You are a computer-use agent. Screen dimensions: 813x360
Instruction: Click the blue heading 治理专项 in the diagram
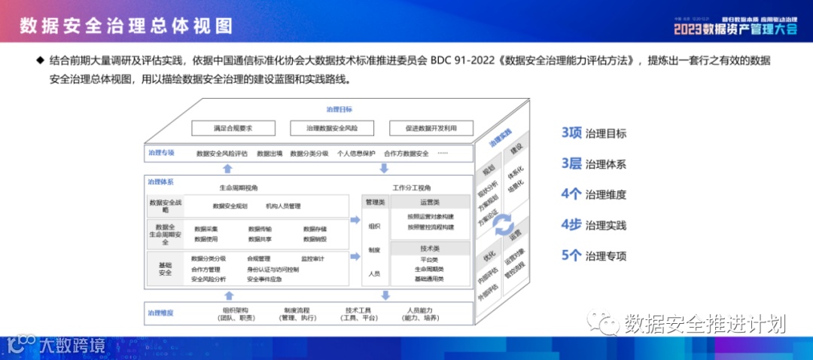coord(161,152)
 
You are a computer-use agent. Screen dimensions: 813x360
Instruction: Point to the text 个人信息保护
coord(356,154)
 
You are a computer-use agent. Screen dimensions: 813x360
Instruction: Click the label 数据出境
coord(269,154)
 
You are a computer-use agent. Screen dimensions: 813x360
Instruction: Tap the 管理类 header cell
coord(375,203)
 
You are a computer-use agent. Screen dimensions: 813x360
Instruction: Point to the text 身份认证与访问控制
coord(273,270)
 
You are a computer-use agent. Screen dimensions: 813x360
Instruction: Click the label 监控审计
coord(312,259)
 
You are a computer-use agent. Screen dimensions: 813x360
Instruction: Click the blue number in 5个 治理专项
coord(571,255)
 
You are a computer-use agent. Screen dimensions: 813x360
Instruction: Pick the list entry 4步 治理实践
coord(594,224)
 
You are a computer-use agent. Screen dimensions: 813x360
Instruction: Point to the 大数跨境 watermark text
coord(73,346)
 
